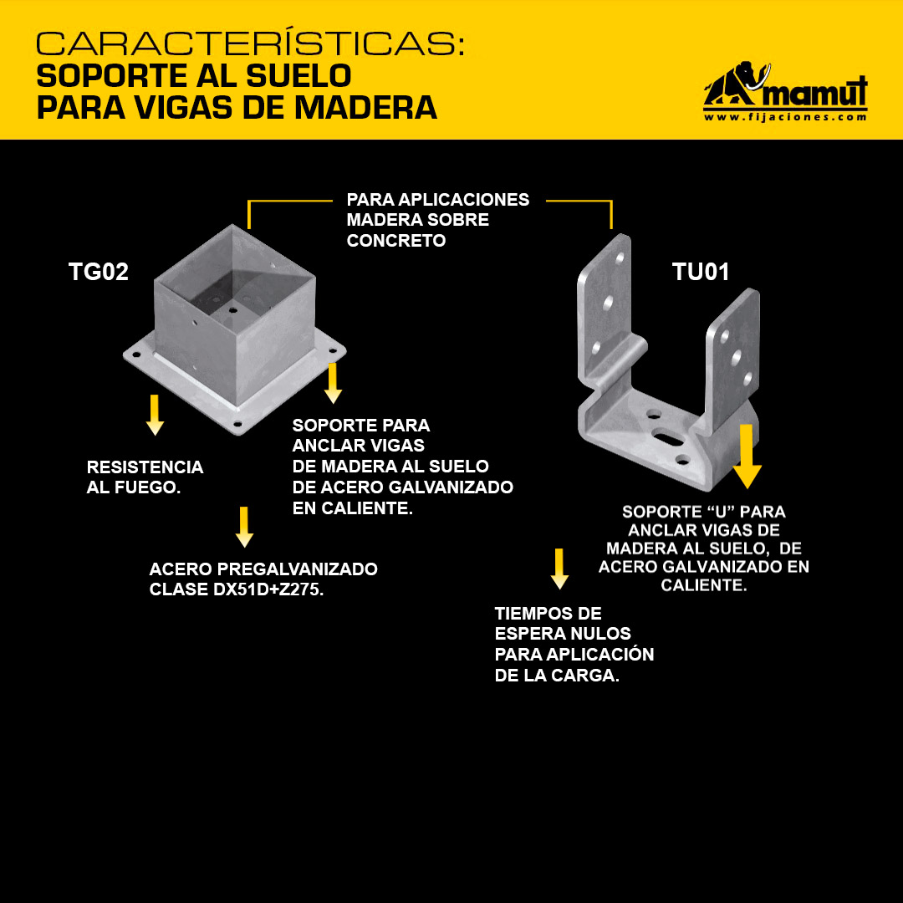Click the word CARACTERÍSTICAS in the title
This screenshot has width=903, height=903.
[x=250, y=43]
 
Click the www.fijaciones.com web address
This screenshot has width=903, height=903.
[x=785, y=117]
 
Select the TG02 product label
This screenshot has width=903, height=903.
[x=99, y=272]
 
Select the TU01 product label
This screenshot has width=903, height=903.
[x=701, y=272]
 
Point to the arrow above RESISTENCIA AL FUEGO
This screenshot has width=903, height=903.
[x=155, y=415]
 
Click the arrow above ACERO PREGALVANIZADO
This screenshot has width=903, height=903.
[x=244, y=527]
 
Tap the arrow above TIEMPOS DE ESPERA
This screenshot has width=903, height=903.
[x=559, y=569]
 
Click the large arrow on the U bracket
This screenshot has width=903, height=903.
[x=747, y=457]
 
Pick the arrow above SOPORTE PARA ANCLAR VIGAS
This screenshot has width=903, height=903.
[x=333, y=383]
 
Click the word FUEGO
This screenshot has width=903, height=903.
[x=147, y=487]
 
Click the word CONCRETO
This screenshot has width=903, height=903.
[x=396, y=241]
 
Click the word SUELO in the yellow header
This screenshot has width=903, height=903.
[x=298, y=75]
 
